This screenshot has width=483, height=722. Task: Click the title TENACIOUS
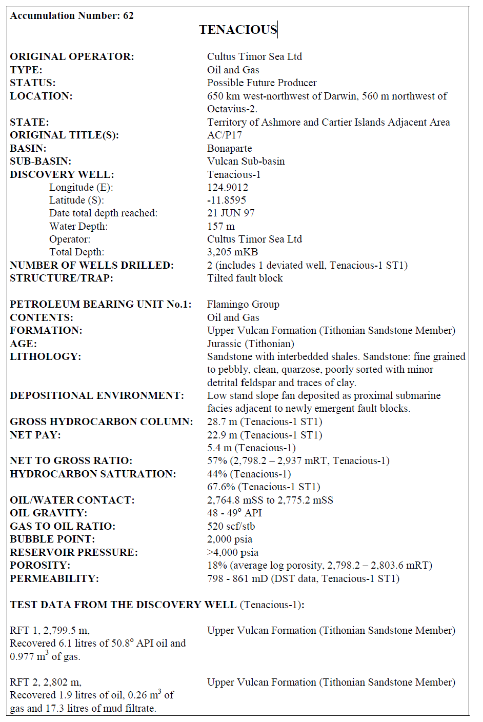click(x=238, y=30)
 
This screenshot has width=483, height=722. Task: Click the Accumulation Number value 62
click(x=128, y=15)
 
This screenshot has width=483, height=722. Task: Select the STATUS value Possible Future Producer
click(x=261, y=83)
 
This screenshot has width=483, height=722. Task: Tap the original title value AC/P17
click(x=224, y=135)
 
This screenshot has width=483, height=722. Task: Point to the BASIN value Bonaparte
click(x=229, y=148)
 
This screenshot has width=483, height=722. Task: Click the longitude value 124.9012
click(x=227, y=187)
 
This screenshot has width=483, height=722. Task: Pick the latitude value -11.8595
click(x=226, y=200)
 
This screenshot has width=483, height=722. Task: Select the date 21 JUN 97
click(x=231, y=213)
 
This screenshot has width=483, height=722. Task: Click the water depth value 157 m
click(x=220, y=226)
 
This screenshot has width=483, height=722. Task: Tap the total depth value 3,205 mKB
click(x=232, y=252)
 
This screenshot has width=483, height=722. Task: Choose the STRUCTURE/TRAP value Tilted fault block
click(x=245, y=278)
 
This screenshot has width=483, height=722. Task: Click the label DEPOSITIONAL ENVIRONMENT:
click(x=96, y=395)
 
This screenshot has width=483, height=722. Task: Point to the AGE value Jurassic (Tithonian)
click(x=250, y=344)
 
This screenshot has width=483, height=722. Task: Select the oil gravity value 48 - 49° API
click(x=234, y=513)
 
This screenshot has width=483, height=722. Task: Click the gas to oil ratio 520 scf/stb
click(x=231, y=526)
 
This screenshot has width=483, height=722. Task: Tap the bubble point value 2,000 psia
click(x=229, y=539)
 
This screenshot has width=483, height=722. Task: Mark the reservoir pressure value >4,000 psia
click(x=232, y=552)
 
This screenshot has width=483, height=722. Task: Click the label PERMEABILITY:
click(x=54, y=578)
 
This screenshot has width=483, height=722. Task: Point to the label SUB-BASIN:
click(x=41, y=161)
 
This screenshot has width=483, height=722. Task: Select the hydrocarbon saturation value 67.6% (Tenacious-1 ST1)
click(x=264, y=487)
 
